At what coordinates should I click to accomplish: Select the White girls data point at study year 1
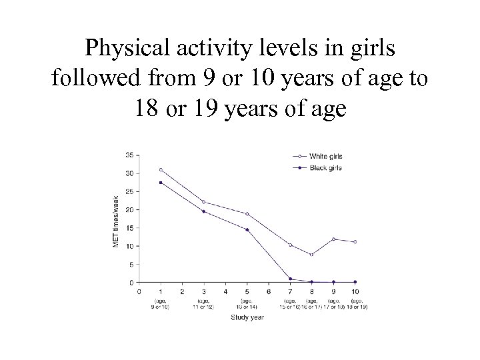tap(161, 169)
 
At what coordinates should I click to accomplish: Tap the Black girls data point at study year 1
tap(161, 183)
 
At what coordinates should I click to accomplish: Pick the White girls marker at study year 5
tap(247, 214)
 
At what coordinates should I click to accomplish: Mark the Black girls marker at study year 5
tap(247, 230)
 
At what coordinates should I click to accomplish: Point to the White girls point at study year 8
tap(311, 255)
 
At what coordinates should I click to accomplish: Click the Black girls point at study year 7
tap(290, 279)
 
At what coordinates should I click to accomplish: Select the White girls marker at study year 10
tap(355, 242)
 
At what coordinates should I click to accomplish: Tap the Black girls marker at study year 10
tap(355, 282)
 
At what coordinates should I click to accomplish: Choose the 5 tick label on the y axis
tap(131, 264)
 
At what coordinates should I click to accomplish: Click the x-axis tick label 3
tap(204, 291)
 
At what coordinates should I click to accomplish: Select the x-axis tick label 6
tap(269, 291)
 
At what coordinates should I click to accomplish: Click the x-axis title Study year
tap(247, 317)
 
